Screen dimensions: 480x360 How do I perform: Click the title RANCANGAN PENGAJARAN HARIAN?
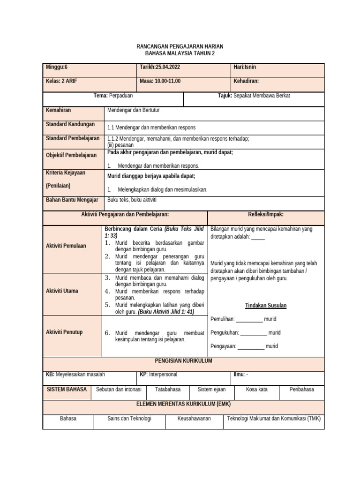(180, 47)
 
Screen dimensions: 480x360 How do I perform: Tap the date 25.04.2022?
(160, 67)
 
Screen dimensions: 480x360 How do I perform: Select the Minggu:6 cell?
(57, 67)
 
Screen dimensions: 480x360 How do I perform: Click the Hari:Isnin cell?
(245, 67)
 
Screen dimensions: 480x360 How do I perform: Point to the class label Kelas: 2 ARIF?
(61, 81)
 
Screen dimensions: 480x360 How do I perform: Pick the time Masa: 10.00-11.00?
(160, 81)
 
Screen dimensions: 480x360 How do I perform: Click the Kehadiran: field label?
(246, 81)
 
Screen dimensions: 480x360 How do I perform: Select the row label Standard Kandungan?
(70, 125)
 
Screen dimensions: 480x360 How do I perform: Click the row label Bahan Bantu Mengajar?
(72, 200)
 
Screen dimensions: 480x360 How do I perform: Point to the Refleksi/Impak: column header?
(265, 215)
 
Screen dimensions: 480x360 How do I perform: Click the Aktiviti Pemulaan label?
(66, 246)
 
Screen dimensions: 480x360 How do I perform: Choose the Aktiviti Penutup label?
(64, 332)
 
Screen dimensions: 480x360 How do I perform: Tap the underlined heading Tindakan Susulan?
(266, 306)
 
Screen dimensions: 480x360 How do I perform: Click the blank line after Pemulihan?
(249, 320)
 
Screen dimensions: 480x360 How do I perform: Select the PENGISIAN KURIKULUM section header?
(183, 360)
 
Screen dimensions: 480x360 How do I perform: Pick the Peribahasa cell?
(301, 390)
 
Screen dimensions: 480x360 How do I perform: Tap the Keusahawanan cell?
(194, 419)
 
